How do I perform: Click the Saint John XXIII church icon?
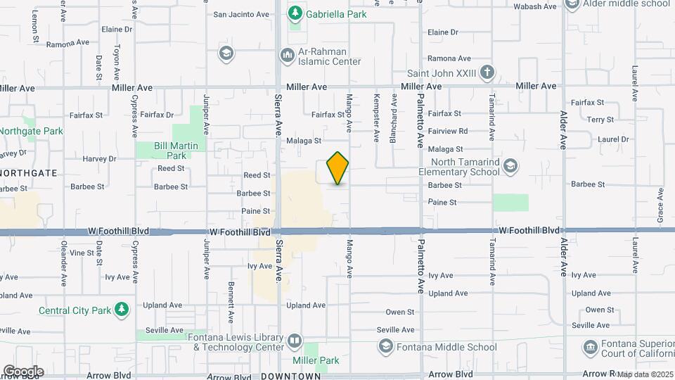[x=487, y=72]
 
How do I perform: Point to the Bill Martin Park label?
[x=171, y=151]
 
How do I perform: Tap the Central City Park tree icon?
[x=122, y=310]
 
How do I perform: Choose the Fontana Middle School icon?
[x=385, y=346]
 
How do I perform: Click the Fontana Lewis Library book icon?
[x=295, y=342]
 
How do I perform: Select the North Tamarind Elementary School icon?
[x=510, y=166]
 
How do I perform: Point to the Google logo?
[x=23, y=371]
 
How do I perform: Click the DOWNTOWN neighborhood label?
[x=290, y=376]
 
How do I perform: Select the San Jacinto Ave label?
[x=241, y=14]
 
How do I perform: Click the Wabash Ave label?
[x=534, y=7]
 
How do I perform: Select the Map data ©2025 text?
[x=645, y=374]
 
